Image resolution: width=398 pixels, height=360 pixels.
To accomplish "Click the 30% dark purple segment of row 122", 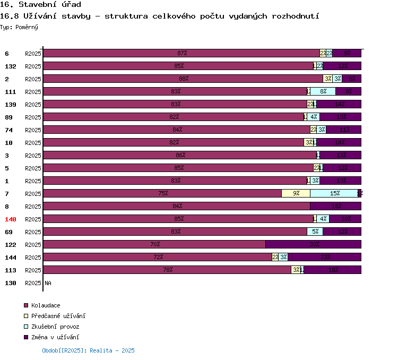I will (313, 244).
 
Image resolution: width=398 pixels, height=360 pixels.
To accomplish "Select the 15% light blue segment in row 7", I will (334, 193).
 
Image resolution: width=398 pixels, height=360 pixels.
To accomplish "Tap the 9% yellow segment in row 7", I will (296, 193).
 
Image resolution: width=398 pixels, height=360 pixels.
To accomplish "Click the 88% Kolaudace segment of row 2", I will (183, 79).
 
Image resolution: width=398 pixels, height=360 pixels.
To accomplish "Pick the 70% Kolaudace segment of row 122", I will (154, 244).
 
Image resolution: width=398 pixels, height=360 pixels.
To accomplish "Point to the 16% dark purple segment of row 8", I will (335, 206).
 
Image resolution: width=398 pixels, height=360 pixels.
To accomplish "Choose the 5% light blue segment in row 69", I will (315, 232).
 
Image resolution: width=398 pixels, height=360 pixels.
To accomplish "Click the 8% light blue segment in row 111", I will (323, 91).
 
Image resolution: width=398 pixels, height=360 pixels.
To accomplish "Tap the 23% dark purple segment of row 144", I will (324, 257).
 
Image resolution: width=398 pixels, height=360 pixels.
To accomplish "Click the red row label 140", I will (11, 219).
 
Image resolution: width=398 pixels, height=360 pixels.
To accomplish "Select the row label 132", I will (11, 66).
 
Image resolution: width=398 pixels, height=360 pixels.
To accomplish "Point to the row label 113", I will (11, 270).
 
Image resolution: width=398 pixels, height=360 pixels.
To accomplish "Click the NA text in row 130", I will (48, 283).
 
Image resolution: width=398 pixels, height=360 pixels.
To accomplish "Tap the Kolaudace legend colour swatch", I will (26, 305).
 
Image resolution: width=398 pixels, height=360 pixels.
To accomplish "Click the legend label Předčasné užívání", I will (58, 316).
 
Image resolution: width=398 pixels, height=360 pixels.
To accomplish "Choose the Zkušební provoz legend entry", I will (55, 327).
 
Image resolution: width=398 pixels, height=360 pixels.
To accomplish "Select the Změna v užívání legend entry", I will (55, 337).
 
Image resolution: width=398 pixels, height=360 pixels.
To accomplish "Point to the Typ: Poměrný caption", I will (19, 27).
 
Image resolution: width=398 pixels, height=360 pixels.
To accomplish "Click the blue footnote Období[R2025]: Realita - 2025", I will (88, 350).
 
